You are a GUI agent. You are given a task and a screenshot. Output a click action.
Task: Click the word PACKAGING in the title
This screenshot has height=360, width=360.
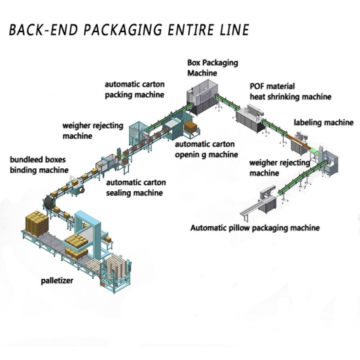pos(123,29)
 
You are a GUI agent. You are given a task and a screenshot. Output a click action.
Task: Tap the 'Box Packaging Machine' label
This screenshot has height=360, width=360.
pos(213,67)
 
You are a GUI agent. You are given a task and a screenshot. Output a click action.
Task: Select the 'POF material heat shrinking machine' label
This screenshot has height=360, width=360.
pos(291,92)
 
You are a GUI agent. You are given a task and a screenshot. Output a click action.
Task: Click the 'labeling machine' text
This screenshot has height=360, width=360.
pos(324,122)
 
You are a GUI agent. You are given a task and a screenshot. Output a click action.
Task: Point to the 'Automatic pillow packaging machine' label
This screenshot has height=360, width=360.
pos(255,228)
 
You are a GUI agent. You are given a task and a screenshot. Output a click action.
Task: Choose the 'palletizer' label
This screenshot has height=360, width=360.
pos(57,281)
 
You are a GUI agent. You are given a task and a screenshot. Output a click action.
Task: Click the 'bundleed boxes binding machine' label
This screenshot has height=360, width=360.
pos(39,165)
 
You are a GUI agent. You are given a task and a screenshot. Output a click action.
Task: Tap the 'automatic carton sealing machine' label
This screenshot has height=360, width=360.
pos(136,188)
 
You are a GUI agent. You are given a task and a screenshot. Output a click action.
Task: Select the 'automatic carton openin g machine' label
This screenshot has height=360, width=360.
pos(206,149)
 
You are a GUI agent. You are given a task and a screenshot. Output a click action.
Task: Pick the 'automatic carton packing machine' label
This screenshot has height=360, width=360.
pos(135,90)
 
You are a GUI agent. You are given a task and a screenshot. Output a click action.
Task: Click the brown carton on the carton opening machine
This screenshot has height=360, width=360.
pos(190,127)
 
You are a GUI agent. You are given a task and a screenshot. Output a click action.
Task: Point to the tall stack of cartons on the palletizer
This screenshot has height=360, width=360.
pos(37,223)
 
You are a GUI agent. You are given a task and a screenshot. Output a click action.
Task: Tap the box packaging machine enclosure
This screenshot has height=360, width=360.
pos(202,96)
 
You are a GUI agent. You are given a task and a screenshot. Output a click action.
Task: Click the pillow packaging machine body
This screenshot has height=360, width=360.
pos(268,199)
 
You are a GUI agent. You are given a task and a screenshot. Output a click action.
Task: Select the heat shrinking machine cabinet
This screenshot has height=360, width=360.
pos(249,118)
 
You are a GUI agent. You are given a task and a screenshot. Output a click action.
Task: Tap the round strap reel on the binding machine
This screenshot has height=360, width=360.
pos(81,190)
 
